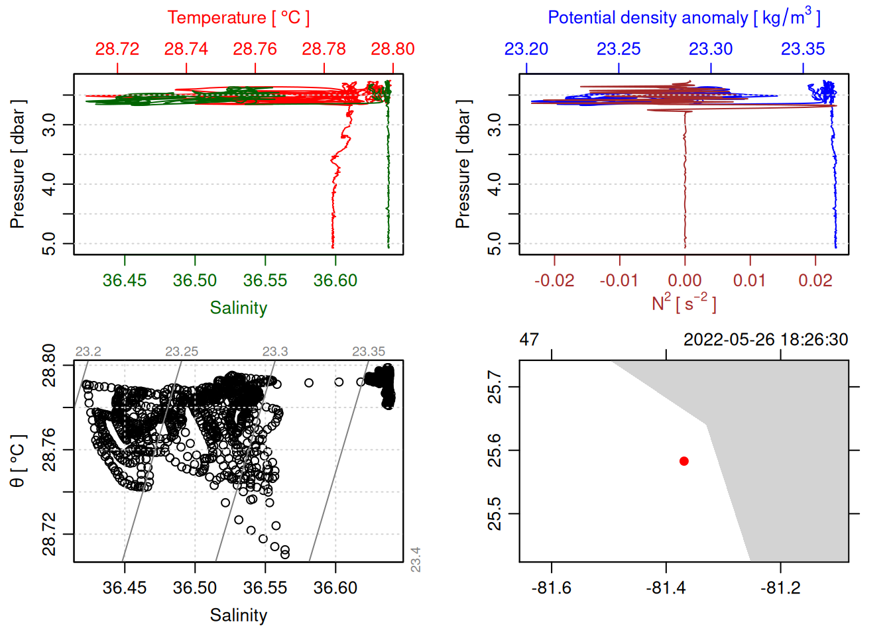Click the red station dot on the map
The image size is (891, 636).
pos(683,461)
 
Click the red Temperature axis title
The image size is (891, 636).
pos(238,18)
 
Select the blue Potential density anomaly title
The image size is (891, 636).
pos(683,18)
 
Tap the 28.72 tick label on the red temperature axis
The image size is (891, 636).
pos(117,49)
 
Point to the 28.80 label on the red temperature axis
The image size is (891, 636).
pos(392,49)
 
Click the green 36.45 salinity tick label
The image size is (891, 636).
pos(125,280)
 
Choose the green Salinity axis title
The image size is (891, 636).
pos(238,308)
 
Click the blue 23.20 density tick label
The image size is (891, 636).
pos(526,49)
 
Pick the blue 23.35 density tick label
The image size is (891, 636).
pos(803,49)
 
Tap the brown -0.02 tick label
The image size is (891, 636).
pos(554,280)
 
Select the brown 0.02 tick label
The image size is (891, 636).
pos(815,280)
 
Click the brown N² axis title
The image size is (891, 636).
pos(683,303)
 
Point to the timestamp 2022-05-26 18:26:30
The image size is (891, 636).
pos(766,340)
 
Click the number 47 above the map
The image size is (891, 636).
pos(529,340)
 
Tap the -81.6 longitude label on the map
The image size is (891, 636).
pos(551,588)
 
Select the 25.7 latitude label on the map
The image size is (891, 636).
pos(495,387)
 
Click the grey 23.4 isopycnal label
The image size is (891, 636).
pos(416,559)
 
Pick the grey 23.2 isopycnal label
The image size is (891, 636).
pos(88,352)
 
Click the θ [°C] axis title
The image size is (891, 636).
pos(17,461)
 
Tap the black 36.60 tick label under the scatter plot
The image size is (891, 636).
pos(335,588)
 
